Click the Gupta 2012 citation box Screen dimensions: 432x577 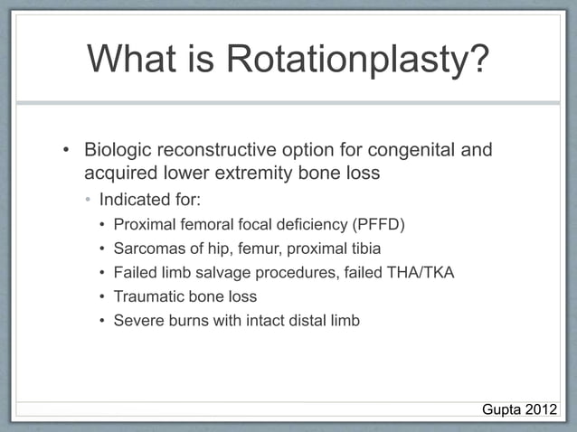pos(520,410)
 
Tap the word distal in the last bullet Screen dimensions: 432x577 pos(316,320)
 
